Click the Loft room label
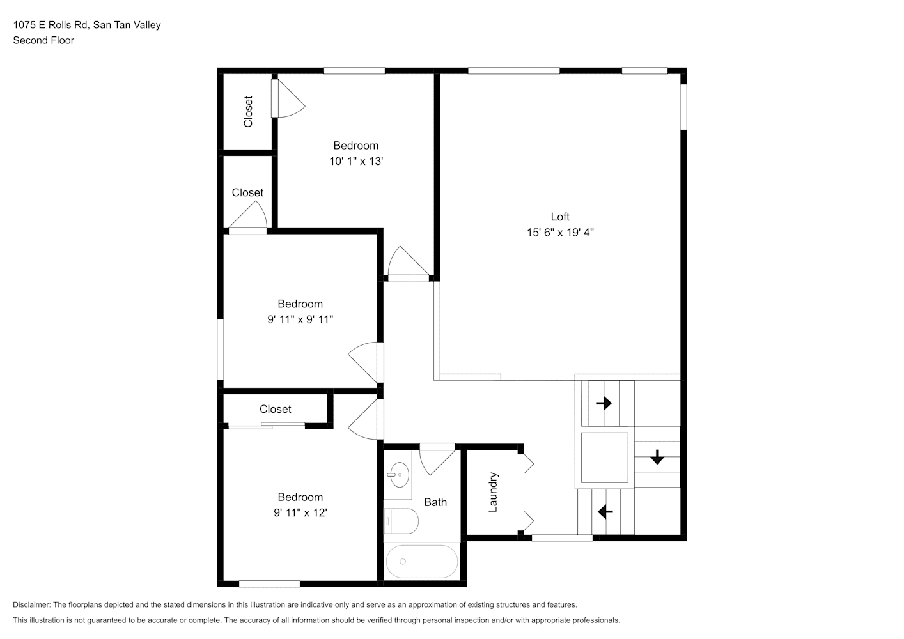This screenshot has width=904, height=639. click(x=560, y=217)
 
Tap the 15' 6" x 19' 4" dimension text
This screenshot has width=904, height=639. click(x=560, y=233)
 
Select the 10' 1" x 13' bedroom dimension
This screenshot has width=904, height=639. click(x=356, y=161)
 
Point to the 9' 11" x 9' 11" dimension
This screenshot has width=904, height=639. click(x=300, y=319)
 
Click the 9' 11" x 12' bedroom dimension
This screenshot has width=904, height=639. click(x=300, y=512)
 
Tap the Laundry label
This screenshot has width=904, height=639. click(x=493, y=492)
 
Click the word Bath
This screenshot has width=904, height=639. click(x=435, y=502)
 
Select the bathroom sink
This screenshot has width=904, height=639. click(x=399, y=475)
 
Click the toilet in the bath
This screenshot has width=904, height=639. click(x=401, y=521)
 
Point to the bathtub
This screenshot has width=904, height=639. click(x=422, y=562)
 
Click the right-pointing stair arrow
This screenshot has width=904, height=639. click(x=604, y=403)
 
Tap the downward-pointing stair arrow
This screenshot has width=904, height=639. click(x=657, y=457)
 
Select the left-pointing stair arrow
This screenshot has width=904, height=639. click(x=605, y=512)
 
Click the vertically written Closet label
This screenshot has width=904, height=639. click(x=248, y=111)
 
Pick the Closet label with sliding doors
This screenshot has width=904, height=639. click(x=276, y=409)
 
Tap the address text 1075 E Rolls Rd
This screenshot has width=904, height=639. click(x=50, y=25)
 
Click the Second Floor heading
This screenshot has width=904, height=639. click(x=43, y=40)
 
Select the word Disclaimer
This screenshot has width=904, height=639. click(x=32, y=604)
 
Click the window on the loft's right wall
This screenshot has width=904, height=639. click(x=683, y=107)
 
